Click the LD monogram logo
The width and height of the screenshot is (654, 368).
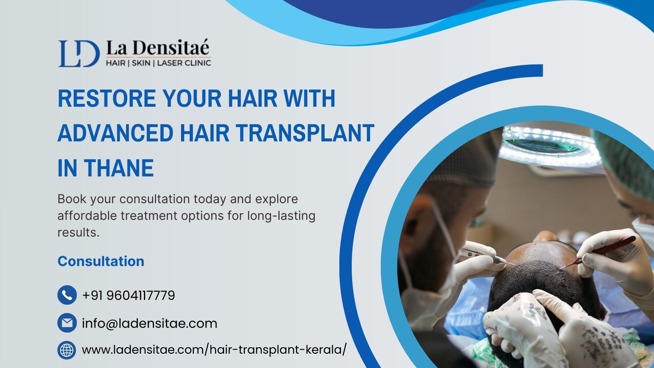tap(79, 54)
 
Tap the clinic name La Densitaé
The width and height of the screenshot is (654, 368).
tap(158, 47)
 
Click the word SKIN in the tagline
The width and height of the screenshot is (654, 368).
tap(141, 63)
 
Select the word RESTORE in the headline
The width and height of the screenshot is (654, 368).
tap(107, 98)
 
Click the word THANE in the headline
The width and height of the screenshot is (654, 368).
tap(119, 168)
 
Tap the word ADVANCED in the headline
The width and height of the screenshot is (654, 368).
tap(116, 133)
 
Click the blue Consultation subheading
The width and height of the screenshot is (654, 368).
tap(101, 261)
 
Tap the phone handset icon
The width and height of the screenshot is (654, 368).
tap(67, 295)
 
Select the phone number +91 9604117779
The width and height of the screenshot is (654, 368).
tap(129, 296)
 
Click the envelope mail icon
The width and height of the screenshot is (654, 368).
tap(67, 323)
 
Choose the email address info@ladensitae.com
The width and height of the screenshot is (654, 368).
tap(150, 323)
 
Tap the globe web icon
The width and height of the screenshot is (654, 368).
tap(67, 350)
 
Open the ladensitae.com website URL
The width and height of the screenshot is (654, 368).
tap(214, 349)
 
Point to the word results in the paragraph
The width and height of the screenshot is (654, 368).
tap(79, 233)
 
